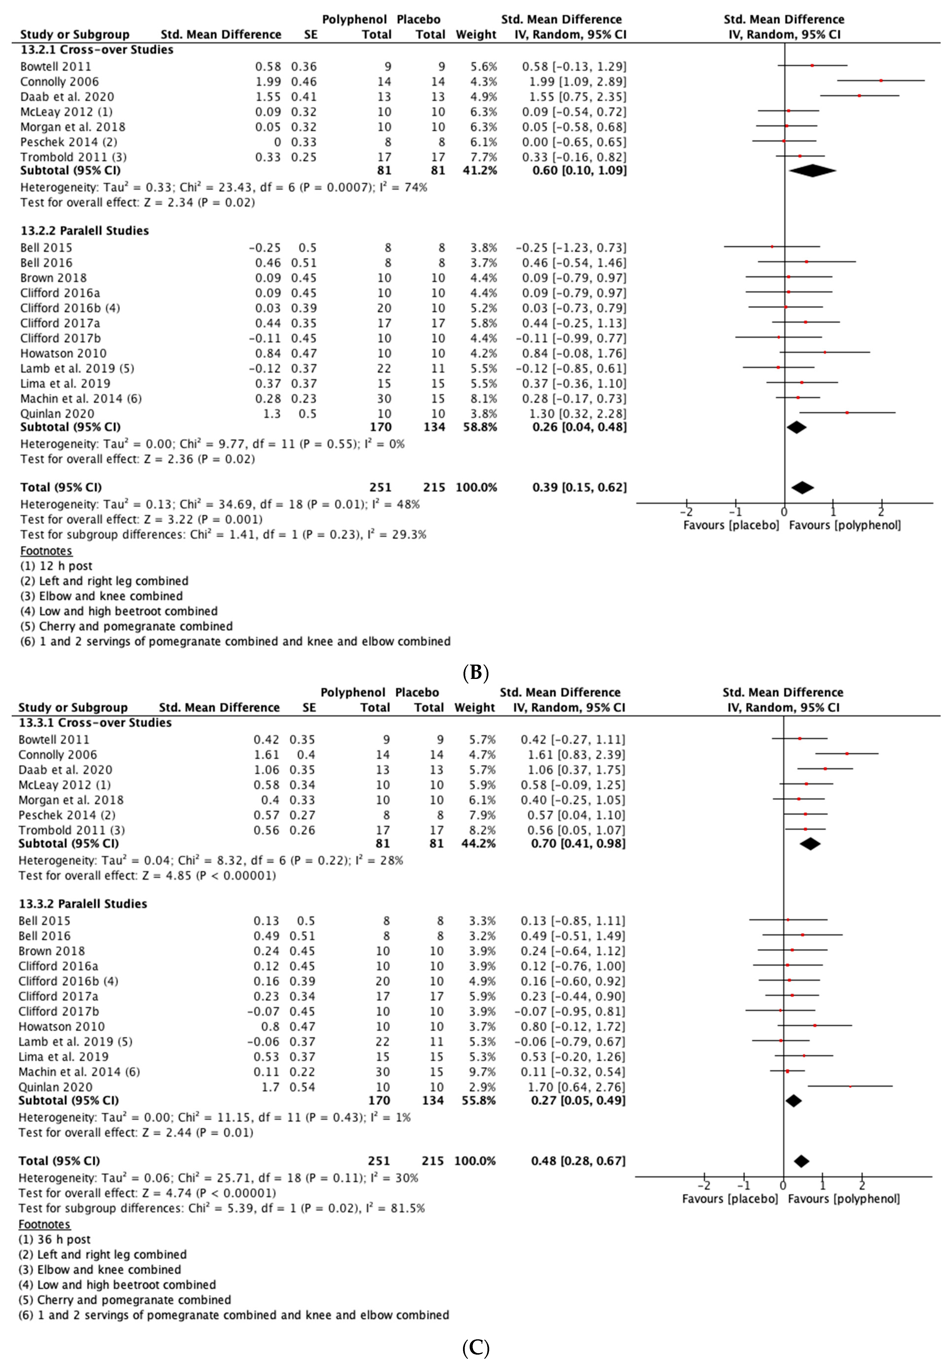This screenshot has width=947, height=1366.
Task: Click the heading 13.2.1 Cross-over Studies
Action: point(97,50)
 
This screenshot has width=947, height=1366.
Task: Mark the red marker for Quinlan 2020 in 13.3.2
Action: point(850,1087)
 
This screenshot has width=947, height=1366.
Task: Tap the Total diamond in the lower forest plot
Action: point(801,1161)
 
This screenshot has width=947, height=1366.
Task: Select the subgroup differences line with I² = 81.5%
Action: point(221,1208)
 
